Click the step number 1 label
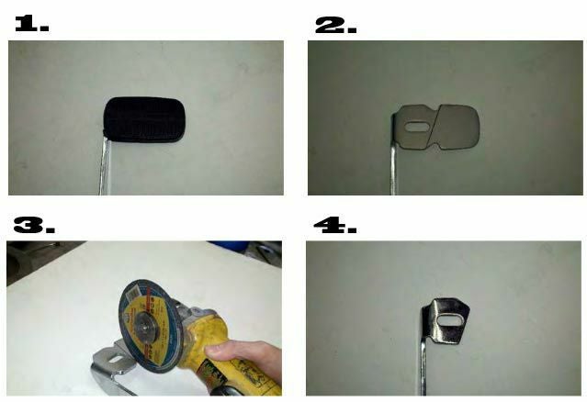click(32, 24)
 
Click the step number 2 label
click(335, 25)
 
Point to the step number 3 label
click(34, 225)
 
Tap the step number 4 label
click(334, 225)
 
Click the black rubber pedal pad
click(144, 119)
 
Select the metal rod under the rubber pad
click(104, 166)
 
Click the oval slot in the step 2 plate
click(417, 127)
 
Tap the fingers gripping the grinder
click(243, 358)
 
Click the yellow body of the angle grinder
click(229, 352)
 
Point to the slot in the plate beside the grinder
click(117, 360)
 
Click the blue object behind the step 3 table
click(229, 246)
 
